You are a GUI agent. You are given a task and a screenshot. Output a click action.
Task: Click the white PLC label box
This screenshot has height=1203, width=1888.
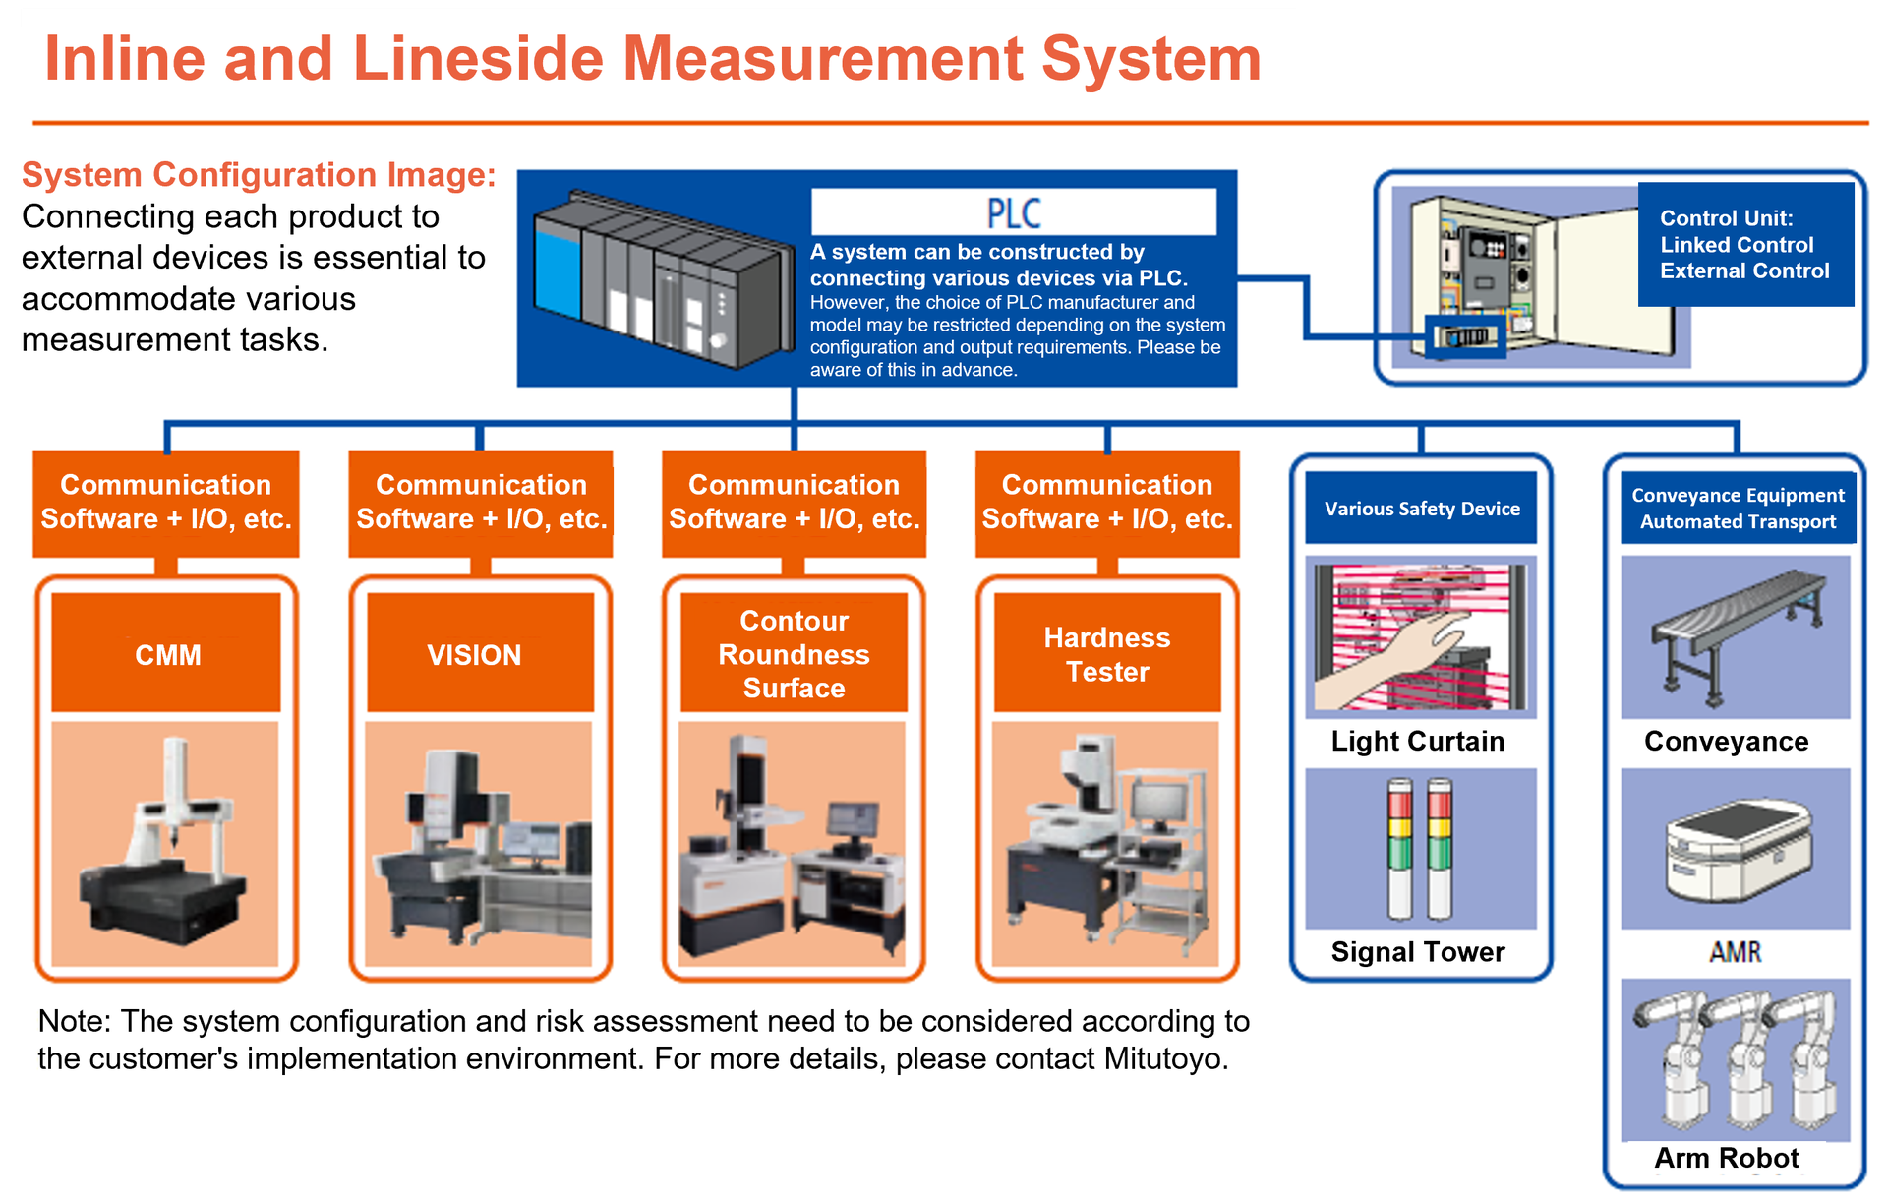tap(1013, 211)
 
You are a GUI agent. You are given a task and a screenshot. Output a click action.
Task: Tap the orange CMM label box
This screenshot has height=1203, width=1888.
tap(166, 653)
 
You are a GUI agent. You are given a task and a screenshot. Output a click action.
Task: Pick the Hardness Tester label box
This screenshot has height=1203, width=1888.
tap(1107, 653)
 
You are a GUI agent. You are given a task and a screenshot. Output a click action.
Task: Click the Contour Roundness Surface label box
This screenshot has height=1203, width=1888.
tap(794, 653)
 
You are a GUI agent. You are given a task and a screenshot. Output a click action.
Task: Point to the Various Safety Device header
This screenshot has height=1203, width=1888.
tap(1421, 509)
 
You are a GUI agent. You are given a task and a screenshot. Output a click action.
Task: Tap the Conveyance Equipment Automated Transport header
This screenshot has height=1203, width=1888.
tap(1738, 509)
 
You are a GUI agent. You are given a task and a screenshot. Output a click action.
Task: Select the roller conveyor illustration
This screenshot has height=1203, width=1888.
tap(1736, 630)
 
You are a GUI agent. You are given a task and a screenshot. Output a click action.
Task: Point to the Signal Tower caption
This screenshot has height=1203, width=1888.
tap(1417, 951)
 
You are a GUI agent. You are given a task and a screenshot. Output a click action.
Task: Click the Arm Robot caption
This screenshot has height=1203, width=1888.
tap(1727, 1158)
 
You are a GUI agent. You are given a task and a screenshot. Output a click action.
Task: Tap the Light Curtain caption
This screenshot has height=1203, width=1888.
tap(1417, 741)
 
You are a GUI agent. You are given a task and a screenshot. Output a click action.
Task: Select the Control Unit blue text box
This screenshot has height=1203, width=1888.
tap(1745, 244)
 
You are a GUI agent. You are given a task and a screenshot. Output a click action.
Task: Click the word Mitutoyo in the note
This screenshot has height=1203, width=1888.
tap(1165, 1059)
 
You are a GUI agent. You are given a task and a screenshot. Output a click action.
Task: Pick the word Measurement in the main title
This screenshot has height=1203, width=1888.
tap(823, 59)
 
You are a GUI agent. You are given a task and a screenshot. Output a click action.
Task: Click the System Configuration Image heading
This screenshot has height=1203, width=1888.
tap(259, 175)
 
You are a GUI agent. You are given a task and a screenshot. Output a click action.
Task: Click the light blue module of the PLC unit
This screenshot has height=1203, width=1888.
tap(558, 271)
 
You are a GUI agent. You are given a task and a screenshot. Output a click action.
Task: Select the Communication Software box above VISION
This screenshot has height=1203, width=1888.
tap(480, 502)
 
